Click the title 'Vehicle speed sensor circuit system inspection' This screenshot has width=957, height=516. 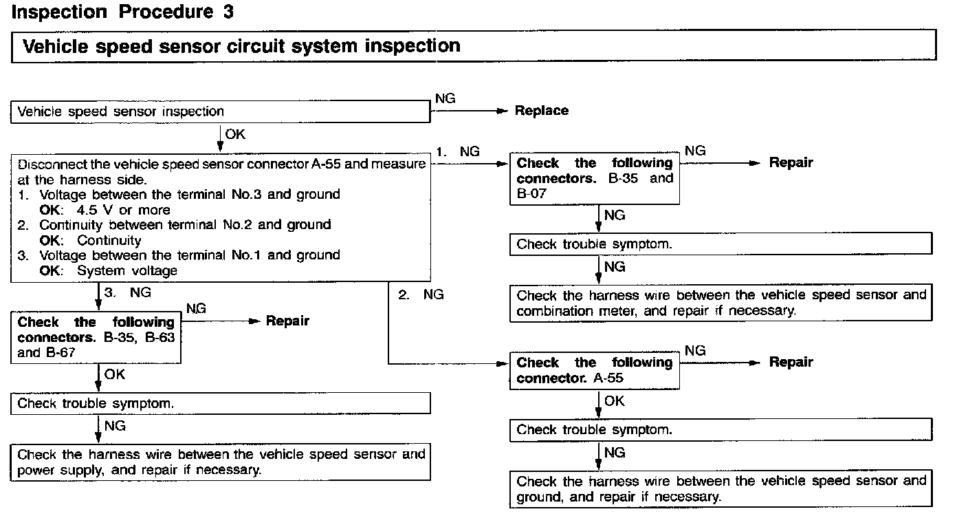pyautogui.click(x=241, y=46)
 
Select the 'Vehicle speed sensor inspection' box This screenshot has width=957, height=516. pyautogui.click(x=220, y=111)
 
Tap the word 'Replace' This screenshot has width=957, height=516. pyautogui.click(x=542, y=111)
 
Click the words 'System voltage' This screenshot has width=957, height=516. pyautogui.click(x=126, y=270)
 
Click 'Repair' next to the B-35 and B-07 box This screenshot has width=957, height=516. pyautogui.click(x=791, y=163)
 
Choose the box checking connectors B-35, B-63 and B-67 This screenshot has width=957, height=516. pyautogui.click(x=96, y=338)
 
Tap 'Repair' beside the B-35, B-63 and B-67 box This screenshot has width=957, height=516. pyautogui.click(x=287, y=321)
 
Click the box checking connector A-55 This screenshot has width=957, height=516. pyautogui.click(x=595, y=371)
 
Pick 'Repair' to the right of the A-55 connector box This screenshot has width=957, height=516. pyautogui.click(x=791, y=363)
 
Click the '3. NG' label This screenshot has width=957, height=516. pyautogui.click(x=127, y=292)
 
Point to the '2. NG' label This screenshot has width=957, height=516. pyautogui.click(x=421, y=294)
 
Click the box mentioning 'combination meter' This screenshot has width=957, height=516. pyautogui.click(x=721, y=303)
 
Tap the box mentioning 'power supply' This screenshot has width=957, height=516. pyautogui.click(x=220, y=462)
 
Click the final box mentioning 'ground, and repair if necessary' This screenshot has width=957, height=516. pyautogui.click(x=721, y=488)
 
